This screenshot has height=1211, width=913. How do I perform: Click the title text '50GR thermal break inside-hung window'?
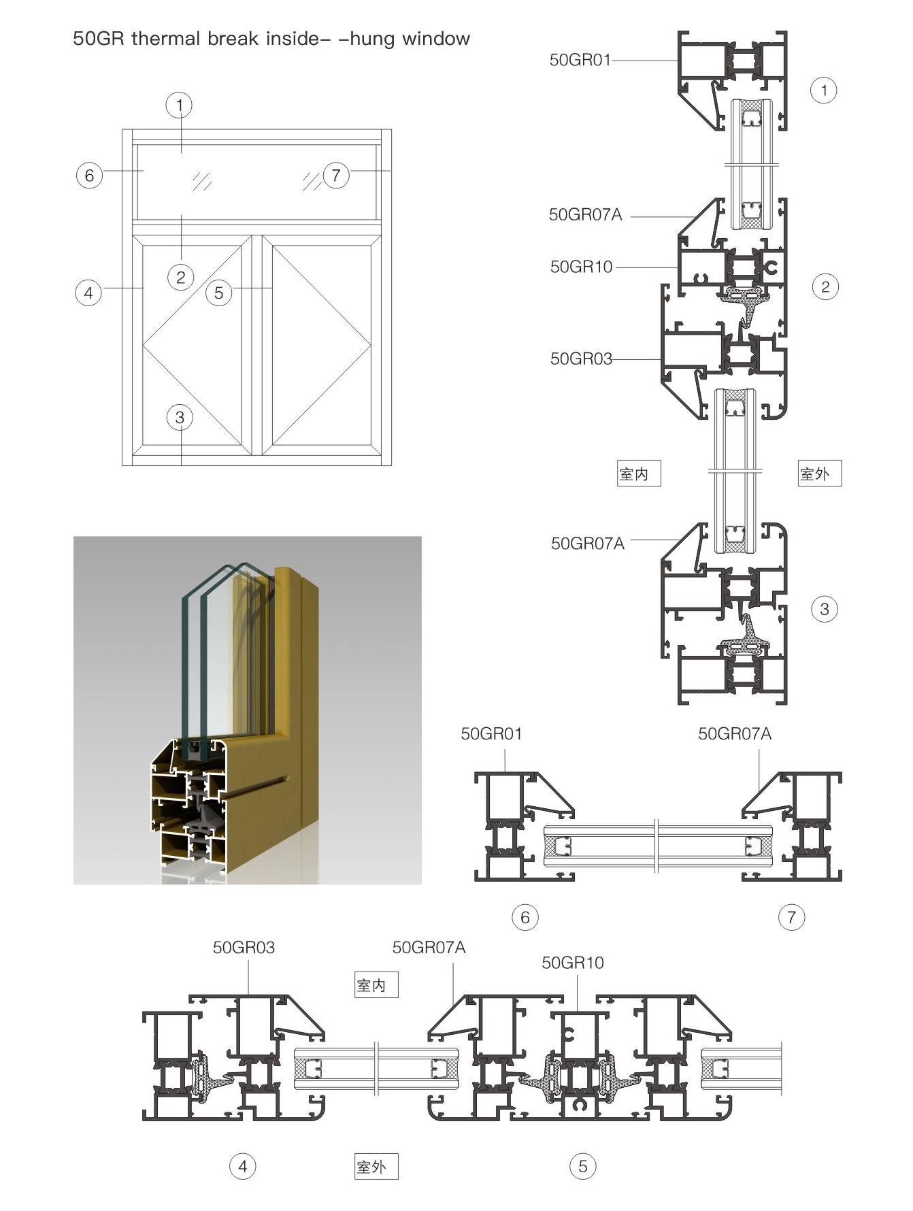pyautogui.click(x=271, y=39)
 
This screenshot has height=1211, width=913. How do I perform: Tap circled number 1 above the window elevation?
pyautogui.click(x=180, y=105)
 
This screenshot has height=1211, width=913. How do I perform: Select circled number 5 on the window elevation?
pyautogui.click(x=218, y=293)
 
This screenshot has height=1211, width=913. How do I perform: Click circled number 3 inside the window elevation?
pyautogui.click(x=180, y=418)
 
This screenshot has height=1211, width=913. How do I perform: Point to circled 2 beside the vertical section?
pyautogui.click(x=825, y=287)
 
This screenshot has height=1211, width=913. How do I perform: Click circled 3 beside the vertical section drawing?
pyautogui.click(x=825, y=609)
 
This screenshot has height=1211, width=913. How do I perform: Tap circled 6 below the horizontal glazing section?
pyautogui.click(x=525, y=918)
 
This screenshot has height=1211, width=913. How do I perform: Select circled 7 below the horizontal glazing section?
pyautogui.click(x=791, y=918)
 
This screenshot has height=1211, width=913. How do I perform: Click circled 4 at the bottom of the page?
pyautogui.click(x=243, y=1167)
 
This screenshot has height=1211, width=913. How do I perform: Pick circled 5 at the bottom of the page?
pyautogui.click(x=582, y=1167)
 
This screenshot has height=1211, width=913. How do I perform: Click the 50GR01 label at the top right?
pyautogui.click(x=580, y=61)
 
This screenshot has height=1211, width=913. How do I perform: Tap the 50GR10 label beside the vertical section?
pyautogui.click(x=581, y=267)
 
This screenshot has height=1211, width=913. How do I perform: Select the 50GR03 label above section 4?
pyautogui.click(x=244, y=948)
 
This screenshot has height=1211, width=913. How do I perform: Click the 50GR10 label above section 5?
pyautogui.click(x=572, y=963)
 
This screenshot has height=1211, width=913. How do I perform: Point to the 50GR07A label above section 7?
pyautogui.click(x=735, y=734)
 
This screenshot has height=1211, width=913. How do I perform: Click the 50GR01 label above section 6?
pyautogui.click(x=491, y=734)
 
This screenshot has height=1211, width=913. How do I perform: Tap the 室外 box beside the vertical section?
pyautogui.click(x=819, y=474)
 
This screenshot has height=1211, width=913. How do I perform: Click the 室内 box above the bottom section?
pyautogui.click(x=376, y=985)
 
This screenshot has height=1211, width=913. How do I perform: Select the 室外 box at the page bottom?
pyautogui.click(x=376, y=1167)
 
